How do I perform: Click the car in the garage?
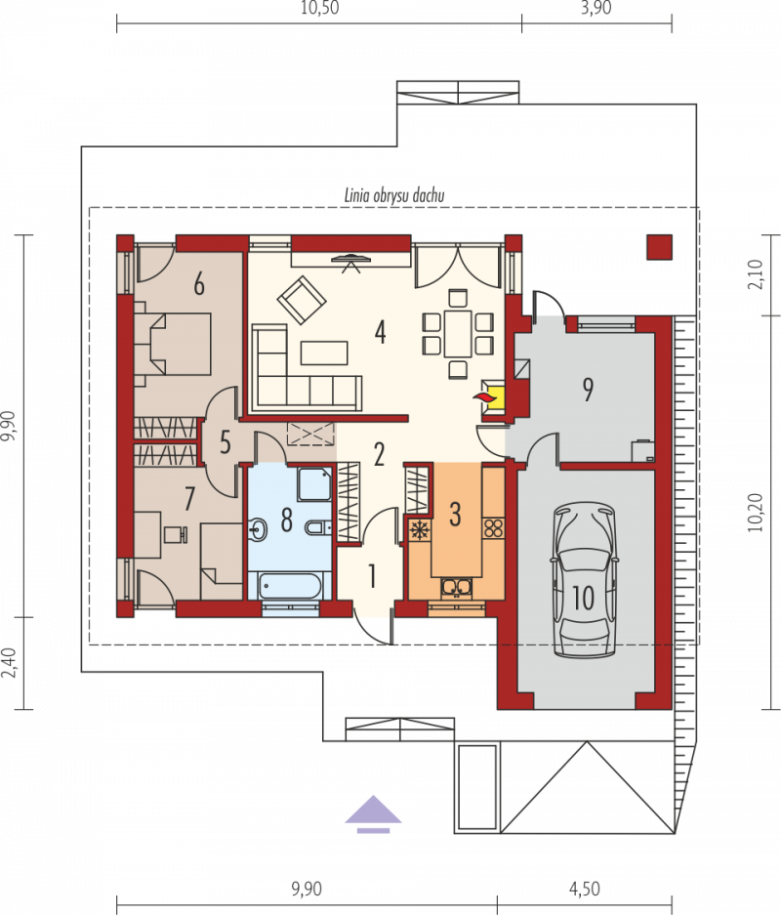[x=585, y=581]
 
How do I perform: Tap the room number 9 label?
[x=588, y=390]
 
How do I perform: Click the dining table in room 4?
[x=458, y=334]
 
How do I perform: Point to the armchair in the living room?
[x=302, y=300]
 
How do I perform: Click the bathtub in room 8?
[x=290, y=586]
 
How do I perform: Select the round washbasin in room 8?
[x=257, y=530]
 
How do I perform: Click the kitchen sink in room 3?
[x=456, y=587]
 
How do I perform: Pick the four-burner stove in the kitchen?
[x=493, y=528]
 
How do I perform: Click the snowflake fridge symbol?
[x=419, y=530]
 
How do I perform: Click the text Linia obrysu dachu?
[x=394, y=195]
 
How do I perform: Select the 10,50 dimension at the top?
[x=319, y=8]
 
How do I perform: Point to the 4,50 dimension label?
[x=585, y=889]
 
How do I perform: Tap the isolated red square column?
[x=660, y=247]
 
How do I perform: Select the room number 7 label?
[x=189, y=499]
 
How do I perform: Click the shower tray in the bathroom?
[x=314, y=483]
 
